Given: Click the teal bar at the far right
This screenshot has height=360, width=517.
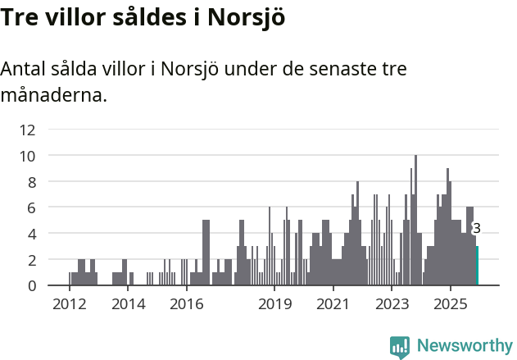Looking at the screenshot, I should pos(477,266).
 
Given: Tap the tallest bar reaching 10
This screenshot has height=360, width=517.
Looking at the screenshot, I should pos(415,221).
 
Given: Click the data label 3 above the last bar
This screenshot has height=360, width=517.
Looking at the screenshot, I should pos(476,229).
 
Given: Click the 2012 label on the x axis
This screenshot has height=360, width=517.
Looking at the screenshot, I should pos(69,304).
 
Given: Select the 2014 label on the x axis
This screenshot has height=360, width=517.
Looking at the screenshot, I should pos(127,304).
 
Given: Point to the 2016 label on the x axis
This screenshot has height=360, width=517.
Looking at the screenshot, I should pos(186,304).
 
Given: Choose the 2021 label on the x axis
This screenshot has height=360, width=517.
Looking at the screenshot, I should pos(333,304).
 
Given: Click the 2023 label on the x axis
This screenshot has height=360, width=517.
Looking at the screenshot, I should pos(392,304).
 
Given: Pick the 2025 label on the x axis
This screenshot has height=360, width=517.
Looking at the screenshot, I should pos(450,304).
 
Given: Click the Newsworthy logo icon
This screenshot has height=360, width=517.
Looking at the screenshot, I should pos(400,347).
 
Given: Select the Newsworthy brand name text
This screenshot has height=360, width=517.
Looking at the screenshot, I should pos(465,346).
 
